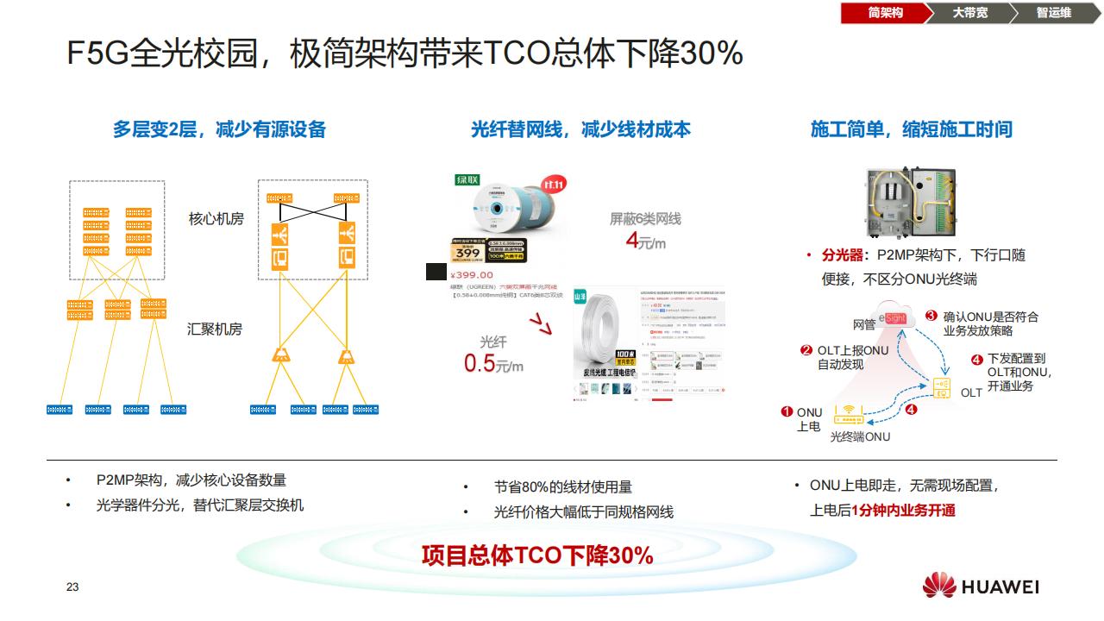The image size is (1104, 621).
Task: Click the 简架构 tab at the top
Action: (885, 13)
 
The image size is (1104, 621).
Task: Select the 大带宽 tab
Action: (969, 13)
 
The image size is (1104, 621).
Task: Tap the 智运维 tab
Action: (1053, 13)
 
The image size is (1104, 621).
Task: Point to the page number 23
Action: (72, 587)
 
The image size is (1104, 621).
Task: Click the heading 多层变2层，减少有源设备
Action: (219, 129)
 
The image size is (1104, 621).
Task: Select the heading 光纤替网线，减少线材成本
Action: (580, 129)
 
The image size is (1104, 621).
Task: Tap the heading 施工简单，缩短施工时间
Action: (911, 129)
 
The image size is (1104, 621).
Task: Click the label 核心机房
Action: (216, 219)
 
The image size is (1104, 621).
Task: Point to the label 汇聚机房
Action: (215, 329)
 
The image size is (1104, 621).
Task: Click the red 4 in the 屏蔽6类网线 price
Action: (631, 240)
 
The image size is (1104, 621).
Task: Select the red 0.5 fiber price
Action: (480, 363)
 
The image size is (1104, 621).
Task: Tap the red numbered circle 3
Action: (931, 316)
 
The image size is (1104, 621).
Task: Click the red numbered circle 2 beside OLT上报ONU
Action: (806, 350)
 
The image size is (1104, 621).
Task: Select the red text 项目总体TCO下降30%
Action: (536, 555)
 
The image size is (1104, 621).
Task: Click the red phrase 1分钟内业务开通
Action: (903, 511)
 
